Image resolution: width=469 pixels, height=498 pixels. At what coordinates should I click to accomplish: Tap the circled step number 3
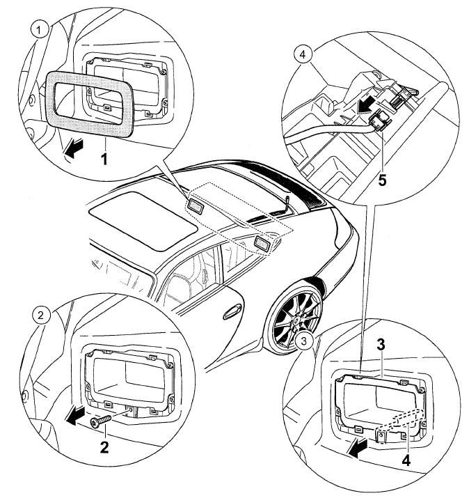point(303,341)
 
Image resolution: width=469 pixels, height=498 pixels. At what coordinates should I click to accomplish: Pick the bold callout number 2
point(104,446)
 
